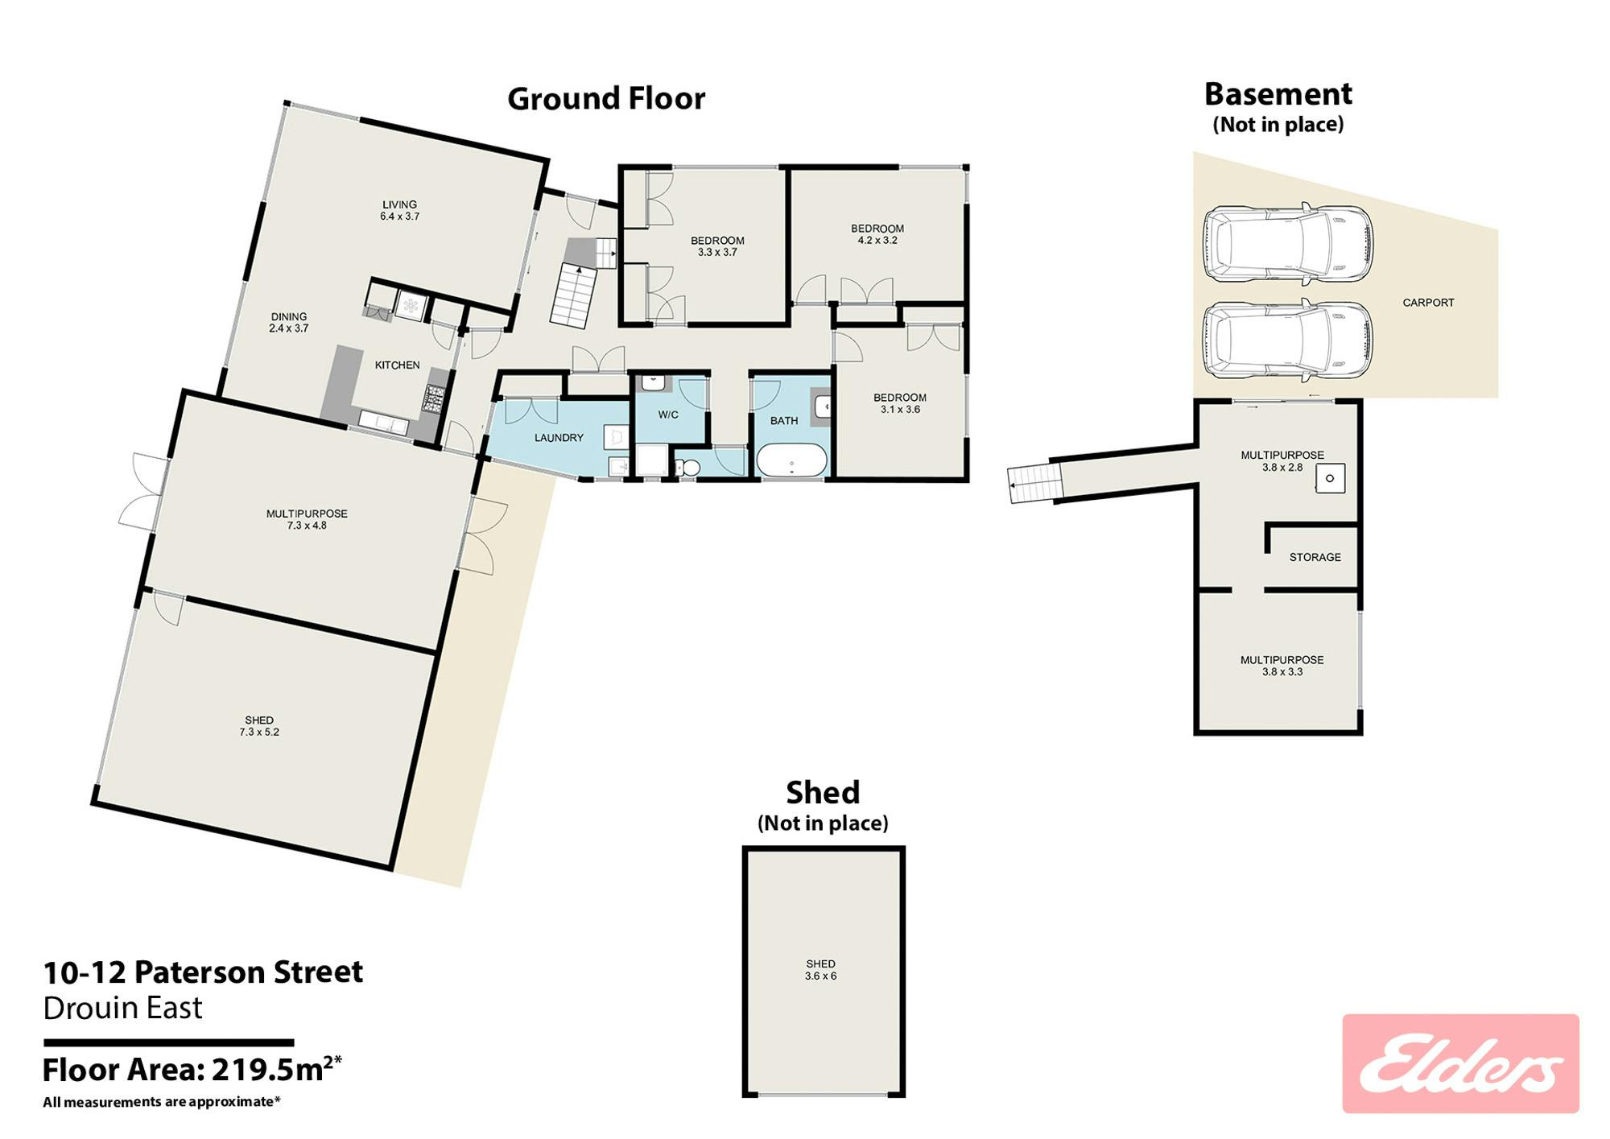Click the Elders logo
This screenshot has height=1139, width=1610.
[1460, 1063]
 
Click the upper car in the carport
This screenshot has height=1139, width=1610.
[1288, 245]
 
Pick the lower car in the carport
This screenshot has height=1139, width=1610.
[1288, 340]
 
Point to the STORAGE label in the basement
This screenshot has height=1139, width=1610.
[1315, 557]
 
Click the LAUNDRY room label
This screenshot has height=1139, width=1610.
[559, 438]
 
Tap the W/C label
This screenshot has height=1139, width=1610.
[668, 415]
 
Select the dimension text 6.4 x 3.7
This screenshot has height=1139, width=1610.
[400, 217]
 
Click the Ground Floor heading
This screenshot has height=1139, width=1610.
[606, 99]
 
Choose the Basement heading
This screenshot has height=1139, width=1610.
[1278, 94]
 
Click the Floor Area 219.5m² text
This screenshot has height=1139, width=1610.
[192, 1069]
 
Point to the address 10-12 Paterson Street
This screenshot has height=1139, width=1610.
[203, 972]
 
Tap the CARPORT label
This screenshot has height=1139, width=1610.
[1429, 303]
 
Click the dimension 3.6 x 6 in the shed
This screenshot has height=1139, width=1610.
[821, 976]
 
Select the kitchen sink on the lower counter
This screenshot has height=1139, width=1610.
[383, 422]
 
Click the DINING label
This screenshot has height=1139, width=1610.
[289, 316]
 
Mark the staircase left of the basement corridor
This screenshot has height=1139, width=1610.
[1031, 483]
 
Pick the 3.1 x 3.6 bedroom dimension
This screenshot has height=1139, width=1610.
[900, 410]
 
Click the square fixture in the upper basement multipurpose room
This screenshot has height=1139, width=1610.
[1330, 478]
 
